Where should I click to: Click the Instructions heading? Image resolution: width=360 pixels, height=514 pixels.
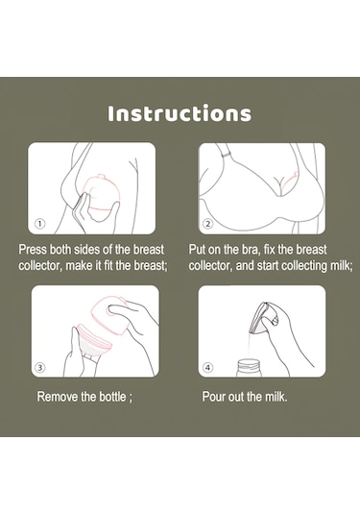(x=180, y=113)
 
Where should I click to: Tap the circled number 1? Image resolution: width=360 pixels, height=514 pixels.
(x=40, y=224)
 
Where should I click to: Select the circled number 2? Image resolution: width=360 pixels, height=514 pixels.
(x=208, y=224)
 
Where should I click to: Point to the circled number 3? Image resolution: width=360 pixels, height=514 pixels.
(x=40, y=367)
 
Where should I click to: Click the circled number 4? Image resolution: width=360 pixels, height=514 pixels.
(x=208, y=367)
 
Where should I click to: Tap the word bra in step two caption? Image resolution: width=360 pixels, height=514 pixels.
(x=251, y=250)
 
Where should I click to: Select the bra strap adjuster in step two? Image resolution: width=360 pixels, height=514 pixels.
(x=226, y=155)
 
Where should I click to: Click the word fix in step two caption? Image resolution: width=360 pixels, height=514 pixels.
(x=269, y=250)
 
